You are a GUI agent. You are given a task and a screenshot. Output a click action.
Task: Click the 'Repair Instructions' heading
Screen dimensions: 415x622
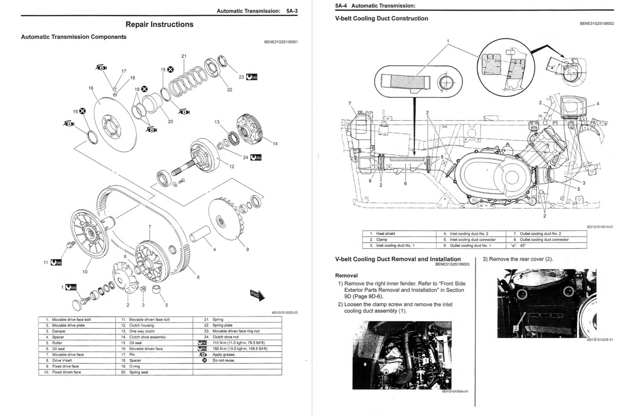pos(159,24)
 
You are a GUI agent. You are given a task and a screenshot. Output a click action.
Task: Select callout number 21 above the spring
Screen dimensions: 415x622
pos(184,56)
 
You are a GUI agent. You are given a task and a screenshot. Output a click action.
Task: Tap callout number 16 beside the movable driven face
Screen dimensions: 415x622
pos(91,88)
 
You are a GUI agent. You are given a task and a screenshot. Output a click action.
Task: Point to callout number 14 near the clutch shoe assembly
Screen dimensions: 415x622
pos(275,143)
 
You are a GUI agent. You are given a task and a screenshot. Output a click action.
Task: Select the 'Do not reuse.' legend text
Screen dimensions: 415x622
pos(224,360)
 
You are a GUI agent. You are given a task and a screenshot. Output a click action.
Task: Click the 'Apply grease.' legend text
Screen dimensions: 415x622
pos(224,354)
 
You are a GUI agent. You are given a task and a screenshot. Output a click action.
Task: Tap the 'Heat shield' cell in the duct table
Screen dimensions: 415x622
pos(386,234)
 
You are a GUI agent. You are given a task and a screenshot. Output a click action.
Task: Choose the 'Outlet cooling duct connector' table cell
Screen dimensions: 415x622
pos(544,240)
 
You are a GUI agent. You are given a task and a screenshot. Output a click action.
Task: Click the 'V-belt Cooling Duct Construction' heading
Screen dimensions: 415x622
pos(381,18)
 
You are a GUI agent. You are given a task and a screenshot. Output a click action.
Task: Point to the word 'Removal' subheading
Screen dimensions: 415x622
pos(346,276)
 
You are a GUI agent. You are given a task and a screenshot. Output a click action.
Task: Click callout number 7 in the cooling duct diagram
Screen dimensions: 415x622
pos(349,103)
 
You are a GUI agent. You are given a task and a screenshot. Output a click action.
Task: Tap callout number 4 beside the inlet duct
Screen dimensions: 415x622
pos(598,104)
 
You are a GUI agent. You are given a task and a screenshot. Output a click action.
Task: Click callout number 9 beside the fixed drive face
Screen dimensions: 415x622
pos(247,249)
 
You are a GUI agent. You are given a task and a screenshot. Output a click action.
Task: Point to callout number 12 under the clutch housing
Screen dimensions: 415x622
pos(232,167)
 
